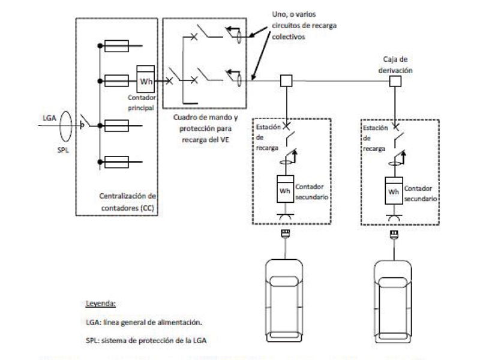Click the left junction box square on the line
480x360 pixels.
286,80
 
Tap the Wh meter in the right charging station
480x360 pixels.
394,191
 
